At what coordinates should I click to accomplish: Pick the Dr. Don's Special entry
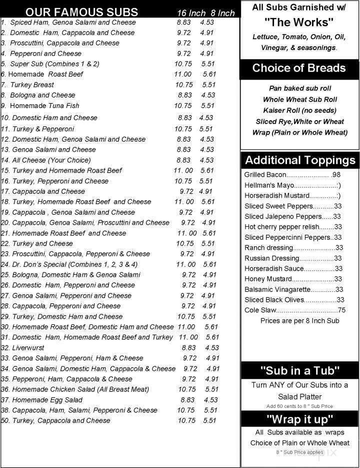pyautogui.click(x=70, y=264)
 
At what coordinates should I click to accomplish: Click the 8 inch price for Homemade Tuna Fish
pyautogui.click(x=208, y=106)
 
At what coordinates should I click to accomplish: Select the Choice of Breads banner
pyautogui.click(x=299, y=69)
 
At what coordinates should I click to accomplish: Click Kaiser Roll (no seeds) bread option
pyautogui.click(x=299, y=110)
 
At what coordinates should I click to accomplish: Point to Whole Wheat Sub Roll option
pyautogui.click(x=299, y=99)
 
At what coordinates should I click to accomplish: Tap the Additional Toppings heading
pyautogui.click(x=300, y=161)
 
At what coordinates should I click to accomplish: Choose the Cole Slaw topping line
pyautogui.click(x=294, y=310)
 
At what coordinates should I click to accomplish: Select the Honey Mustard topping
pyautogui.click(x=293, y=279)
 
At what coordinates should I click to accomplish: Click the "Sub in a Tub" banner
pyautogui.click(x=300, y=371)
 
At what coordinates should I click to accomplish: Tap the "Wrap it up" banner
pyautogui.click(x=300, y=419)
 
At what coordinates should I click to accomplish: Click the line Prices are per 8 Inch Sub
pyautogui.click(x=300, y=321)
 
